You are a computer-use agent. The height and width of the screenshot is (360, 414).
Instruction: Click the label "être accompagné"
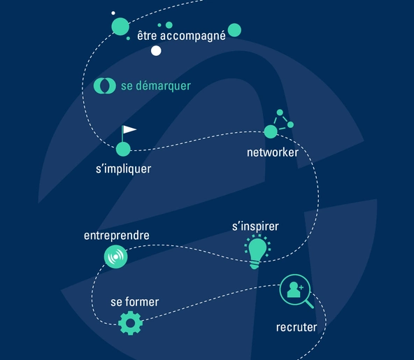(x=181, y=36)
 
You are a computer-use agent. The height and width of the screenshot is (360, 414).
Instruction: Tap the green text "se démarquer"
(x=156, y=86)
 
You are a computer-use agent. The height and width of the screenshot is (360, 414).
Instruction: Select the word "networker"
(x=273, y=152)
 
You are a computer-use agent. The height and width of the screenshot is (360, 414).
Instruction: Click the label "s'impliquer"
(x=123, y=169)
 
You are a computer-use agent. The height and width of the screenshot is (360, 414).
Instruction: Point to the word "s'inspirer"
(x=255, y=226)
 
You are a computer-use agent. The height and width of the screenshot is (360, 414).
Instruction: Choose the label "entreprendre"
(x=116, y=236)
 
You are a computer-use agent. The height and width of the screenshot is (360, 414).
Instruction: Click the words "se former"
(x=135, y=302)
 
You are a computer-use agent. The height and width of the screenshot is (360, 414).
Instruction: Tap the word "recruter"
(x=297, y=327)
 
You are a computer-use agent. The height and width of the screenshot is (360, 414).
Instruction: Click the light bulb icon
(x=257, y=252)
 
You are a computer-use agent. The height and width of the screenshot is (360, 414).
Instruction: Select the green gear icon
(x=131, y=323)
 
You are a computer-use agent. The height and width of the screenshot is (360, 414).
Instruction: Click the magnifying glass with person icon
(x=295, y=290)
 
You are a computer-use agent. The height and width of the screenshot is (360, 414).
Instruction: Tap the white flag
(x=129, y=129)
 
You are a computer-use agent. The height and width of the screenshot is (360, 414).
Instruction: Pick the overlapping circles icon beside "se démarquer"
(x=105, y=86)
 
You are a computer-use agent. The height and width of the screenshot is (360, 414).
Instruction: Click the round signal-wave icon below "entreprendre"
(x=115, y=257)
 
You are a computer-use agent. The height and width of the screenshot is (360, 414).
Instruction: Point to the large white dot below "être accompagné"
(x=156, y=50)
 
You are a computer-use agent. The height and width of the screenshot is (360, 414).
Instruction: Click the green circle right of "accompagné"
(x=234, y=30)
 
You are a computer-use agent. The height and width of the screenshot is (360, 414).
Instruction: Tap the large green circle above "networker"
(x=271, y=131)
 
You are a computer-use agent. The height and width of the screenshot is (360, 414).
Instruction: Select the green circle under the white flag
(x=123, y=149)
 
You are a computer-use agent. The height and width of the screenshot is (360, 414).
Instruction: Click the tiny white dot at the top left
(x=113, y=13)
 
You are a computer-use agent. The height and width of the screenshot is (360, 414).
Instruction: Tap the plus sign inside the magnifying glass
(x=301, y=287)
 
